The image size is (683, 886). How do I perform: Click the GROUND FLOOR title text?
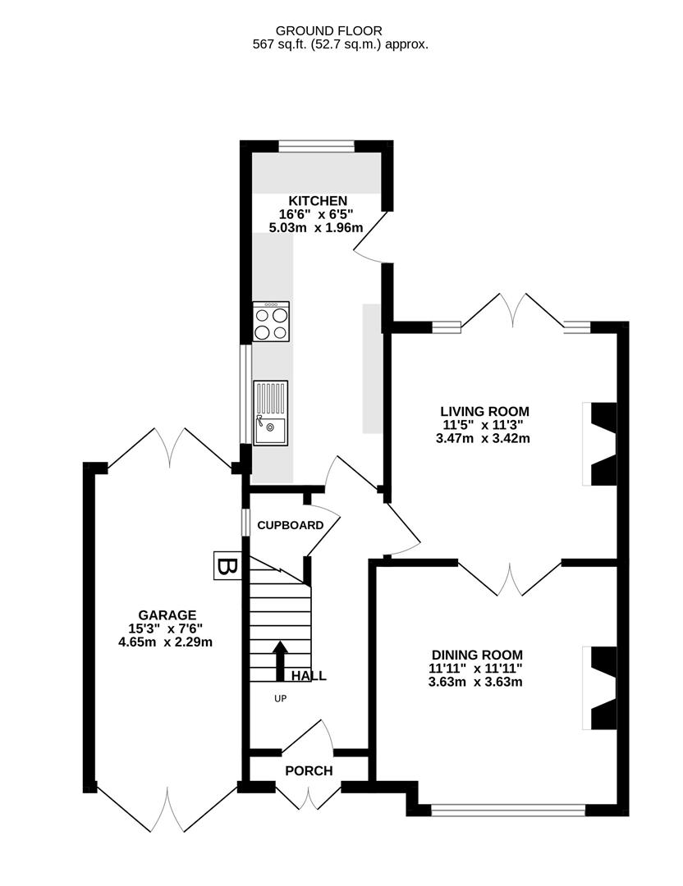pos(340,31)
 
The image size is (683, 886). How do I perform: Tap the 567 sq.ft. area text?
pos(340,45)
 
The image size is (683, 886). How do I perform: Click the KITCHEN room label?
pos(317,201)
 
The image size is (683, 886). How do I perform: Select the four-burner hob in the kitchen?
pos(271,322)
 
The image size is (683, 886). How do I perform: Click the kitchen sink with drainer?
pos(270,413)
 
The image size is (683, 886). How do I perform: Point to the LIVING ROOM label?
pos(484,412)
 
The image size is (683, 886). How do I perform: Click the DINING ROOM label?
pos(477,655)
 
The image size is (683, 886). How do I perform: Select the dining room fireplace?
pos(599,687)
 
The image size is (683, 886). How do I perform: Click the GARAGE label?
pos(167,614)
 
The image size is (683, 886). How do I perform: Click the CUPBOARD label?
pos(290,526)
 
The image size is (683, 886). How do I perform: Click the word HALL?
pos(309,677)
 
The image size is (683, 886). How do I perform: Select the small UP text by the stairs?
pos(281,698)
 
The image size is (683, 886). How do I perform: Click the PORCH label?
pos(309,771)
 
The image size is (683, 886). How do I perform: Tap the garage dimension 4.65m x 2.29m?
pos(166,642)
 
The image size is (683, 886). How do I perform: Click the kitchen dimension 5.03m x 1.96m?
pos(317,227)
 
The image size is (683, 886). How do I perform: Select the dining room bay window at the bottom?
pos(508,811)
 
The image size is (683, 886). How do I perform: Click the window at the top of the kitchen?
pos(316,146)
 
